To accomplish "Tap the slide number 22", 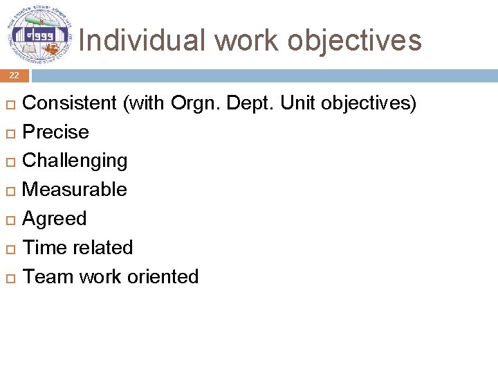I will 14,75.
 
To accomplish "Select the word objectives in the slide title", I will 354,40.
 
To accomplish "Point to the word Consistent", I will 70,103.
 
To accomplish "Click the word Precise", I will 56,132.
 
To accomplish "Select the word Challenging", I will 75,161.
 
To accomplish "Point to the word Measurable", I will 75,190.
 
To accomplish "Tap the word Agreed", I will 55,219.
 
